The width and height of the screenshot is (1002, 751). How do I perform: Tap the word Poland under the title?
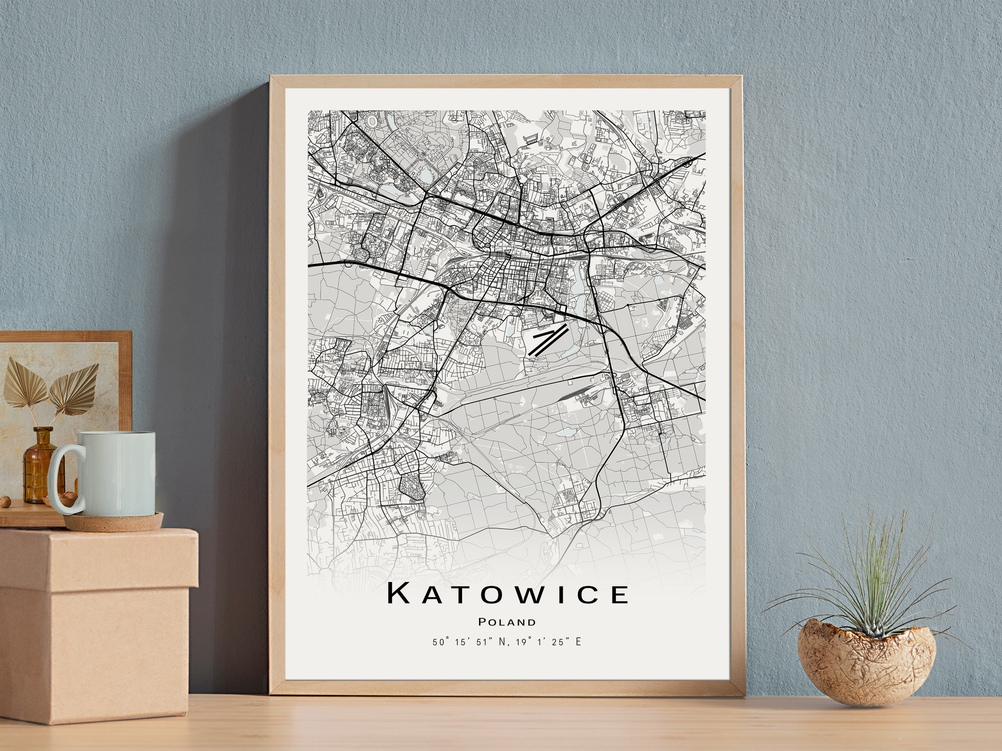click(x=507, y=622)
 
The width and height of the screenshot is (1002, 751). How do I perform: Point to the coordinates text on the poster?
click(x=507, y=642)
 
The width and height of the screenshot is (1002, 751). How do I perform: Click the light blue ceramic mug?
click(x=115, y=473)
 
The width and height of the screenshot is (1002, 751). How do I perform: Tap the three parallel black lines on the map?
click(x=549, y=339)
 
